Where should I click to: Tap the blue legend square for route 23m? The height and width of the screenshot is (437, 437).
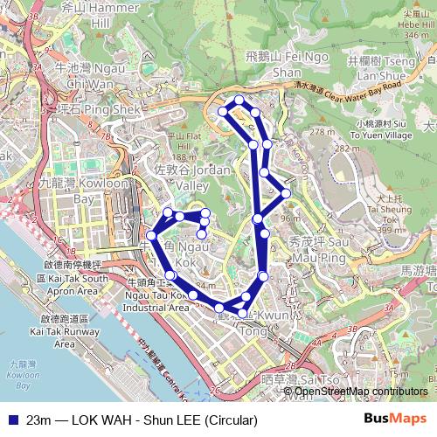[x=11, y=420]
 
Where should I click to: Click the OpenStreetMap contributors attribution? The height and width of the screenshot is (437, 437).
[x=361, y=391]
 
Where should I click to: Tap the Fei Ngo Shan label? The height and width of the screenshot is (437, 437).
[x=274, y=64]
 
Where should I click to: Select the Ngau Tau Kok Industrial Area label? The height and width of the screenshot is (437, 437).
[x=157, y=301]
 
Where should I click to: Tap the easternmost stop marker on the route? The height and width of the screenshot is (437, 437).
[x=286, y=192]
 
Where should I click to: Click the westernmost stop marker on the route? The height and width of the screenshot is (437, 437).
[x=151, y=235]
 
